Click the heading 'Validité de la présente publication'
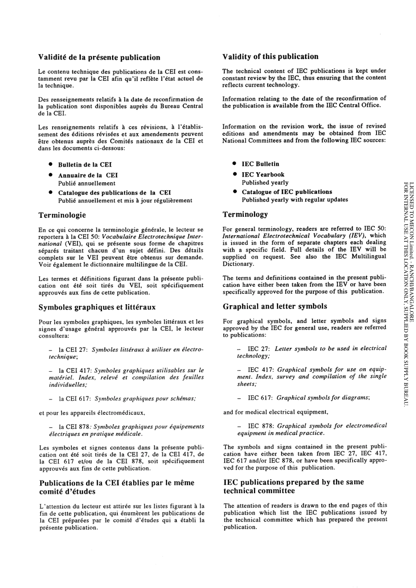coord(99,57)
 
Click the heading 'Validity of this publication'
coord(270,56)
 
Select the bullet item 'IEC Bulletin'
coord(260,164)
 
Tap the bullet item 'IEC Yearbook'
coord(263,174)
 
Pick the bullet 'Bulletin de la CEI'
coord(85,165)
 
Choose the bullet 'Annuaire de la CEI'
coord(88,175)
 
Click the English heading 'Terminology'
coord(245,214)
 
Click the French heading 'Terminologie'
coord(62,215)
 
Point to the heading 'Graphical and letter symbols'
coord(275,306)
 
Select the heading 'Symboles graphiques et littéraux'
coord(97,307)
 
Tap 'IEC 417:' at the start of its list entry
coord(261,369)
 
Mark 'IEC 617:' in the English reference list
coord(261,398)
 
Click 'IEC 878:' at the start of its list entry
coord(261,425)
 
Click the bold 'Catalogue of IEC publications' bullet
coord(287,192)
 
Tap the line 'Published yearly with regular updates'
coord(295,200)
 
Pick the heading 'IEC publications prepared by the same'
coord(293,482)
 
